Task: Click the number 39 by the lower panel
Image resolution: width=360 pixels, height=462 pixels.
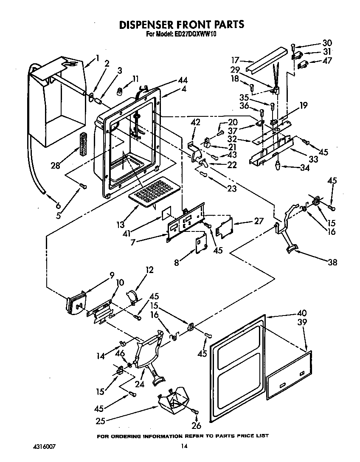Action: point(303,323)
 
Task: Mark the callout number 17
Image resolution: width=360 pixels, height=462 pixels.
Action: point(236,60)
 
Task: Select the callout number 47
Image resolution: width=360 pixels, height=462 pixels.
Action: point(327,61)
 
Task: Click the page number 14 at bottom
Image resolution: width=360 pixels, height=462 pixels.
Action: point(183,446)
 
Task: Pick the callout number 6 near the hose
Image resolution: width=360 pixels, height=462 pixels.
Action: point(58,205)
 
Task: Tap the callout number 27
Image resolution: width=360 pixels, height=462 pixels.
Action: point(259,221)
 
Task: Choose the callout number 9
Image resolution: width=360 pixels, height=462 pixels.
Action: point(112,275)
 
